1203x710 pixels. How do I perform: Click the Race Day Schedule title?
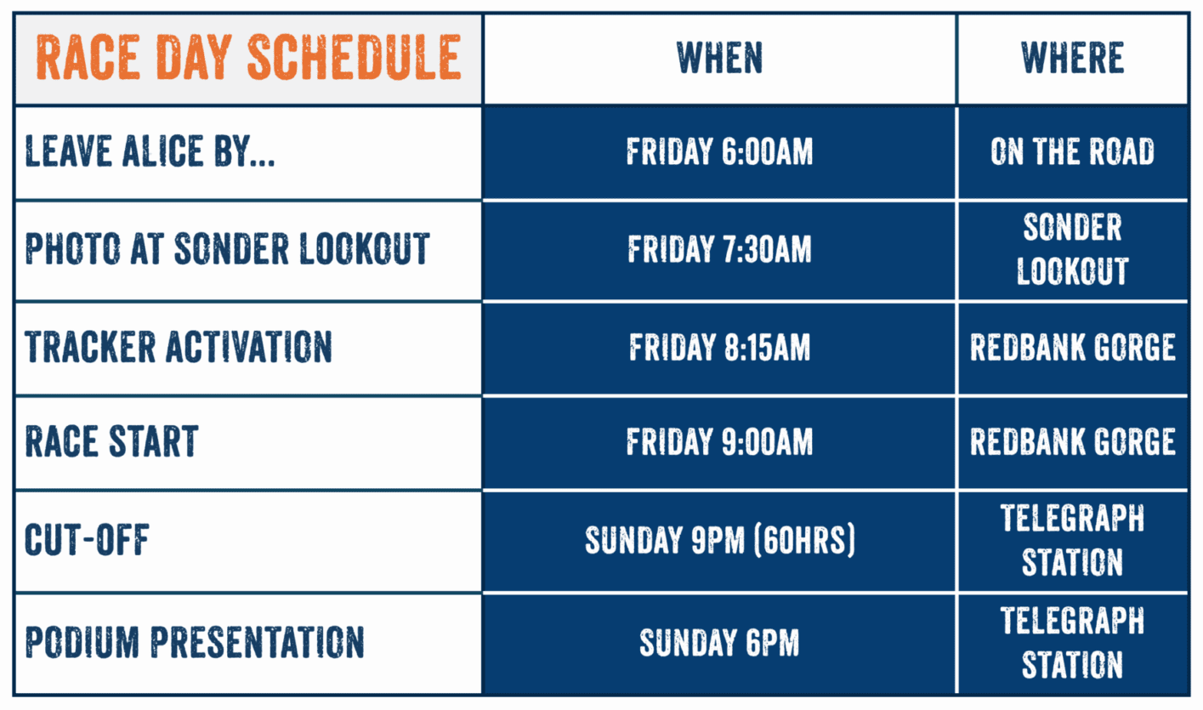(248, 58)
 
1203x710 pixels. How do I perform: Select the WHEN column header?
(719, 58)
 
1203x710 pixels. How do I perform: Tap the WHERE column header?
(1072, 58)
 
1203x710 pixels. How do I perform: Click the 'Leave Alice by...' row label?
(150, 151)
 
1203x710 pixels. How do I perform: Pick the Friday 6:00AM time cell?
(719, 151)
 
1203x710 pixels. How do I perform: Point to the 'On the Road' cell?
(1072, 151)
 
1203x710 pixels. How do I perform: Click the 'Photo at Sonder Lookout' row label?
(227, 248)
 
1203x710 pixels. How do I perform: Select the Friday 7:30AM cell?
(719, 249)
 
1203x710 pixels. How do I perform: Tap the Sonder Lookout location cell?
(1072, 248)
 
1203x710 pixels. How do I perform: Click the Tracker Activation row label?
(179, 347)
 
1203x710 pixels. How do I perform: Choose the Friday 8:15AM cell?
(719, 347)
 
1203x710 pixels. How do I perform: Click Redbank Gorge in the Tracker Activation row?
(1072, 347)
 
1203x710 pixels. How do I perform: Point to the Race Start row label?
(111, 441)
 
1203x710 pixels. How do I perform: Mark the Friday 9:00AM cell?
(719, 442)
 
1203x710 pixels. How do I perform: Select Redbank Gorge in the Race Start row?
(1072, 442)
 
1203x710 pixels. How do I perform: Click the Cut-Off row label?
(87, 540)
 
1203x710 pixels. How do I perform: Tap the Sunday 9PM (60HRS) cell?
(719, 540)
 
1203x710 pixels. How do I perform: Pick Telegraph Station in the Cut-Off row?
(1072, 540)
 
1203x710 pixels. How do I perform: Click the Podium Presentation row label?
(195, 642)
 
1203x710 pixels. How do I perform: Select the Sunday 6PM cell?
(719, 642)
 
